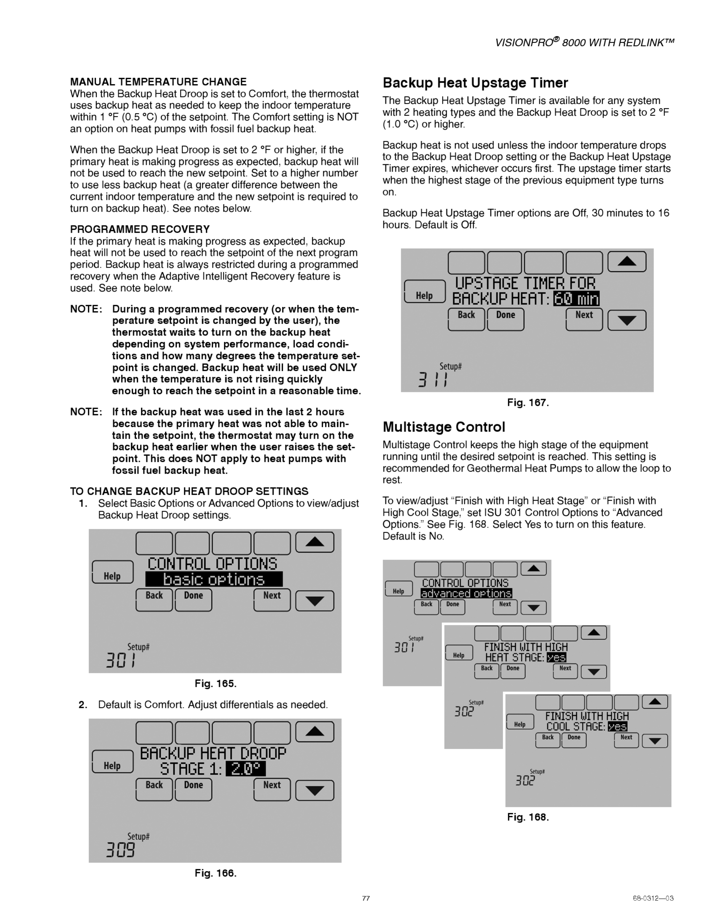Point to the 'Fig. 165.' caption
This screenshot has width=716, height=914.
[215, 683]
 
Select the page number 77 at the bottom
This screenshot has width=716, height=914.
[366, 898]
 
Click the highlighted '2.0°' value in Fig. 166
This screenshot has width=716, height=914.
[246, 769]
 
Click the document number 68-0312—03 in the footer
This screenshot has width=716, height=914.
[653, 898]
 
